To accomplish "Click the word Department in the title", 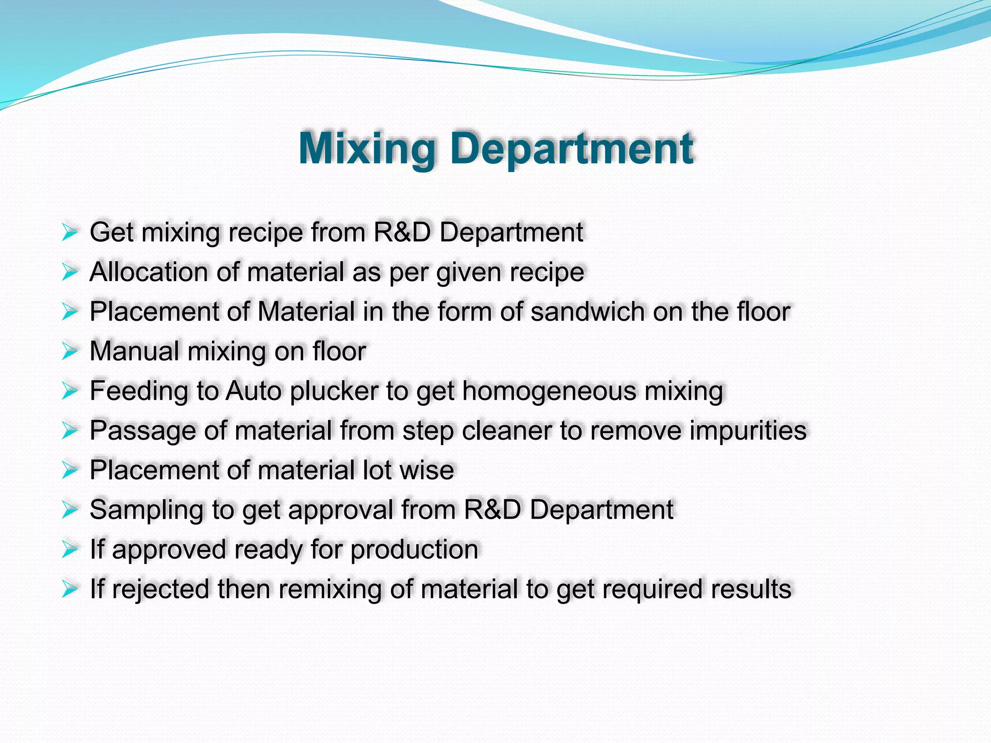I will pyautogui.click(x=571, y=149).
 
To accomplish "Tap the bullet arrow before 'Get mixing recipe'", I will pyautogui.click(x=70, y=233).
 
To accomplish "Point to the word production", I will pyautogui.click(x=414, y=550).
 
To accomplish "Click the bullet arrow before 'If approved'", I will pyautogui.click(x=70, y=550).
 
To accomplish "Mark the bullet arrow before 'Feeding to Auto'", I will pyautogui.click(x=70, y=391).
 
